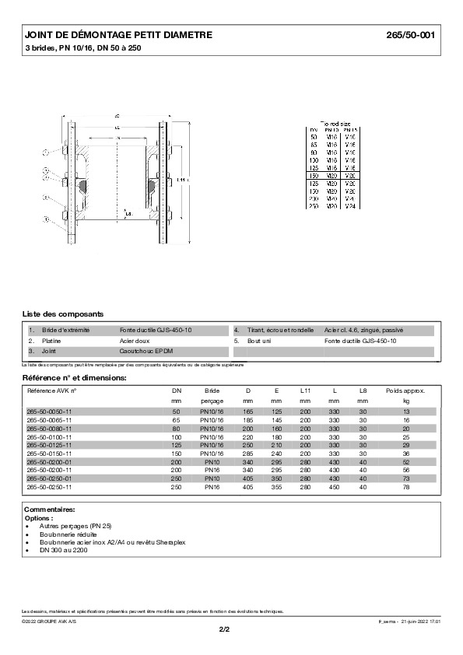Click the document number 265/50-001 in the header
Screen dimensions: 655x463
tap(412, 36)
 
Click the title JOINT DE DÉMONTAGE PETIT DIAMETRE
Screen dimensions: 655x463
tap(118, 36)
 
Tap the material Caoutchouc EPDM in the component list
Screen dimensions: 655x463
tap(146, 351)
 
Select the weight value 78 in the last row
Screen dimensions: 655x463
tap(405, 487)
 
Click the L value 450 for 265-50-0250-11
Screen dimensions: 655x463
tap(334, 487)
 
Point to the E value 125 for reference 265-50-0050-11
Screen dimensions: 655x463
tap(276, 410)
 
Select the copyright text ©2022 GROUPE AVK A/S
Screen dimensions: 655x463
tap(49, 621)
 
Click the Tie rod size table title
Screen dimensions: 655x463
tap(335, 123)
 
